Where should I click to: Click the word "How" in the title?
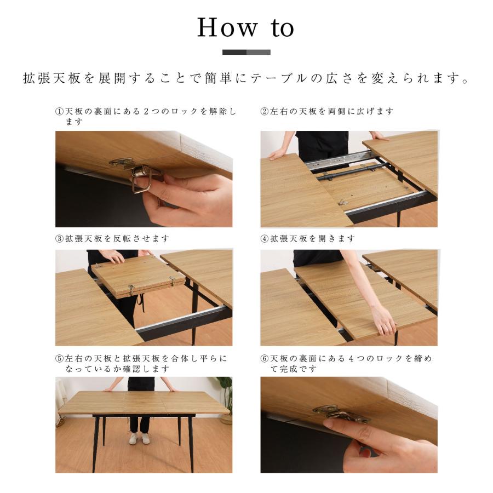(227, 28)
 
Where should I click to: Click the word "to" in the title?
(282, 28)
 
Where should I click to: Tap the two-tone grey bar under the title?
(246, 52)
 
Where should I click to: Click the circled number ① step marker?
(59, 111)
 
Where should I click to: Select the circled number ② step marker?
(265, 111)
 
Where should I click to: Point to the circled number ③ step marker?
(59, 239)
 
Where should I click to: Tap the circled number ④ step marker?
(265, 239)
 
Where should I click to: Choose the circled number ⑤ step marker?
(59, 358)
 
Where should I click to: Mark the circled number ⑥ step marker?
(265, 358)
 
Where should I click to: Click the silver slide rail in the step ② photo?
(339, 160)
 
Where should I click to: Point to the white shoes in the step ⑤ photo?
(139, 438)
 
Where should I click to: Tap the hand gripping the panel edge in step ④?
(383, 320)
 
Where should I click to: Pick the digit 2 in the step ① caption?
(146, 111)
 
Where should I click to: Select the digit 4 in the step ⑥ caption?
(351, 358)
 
